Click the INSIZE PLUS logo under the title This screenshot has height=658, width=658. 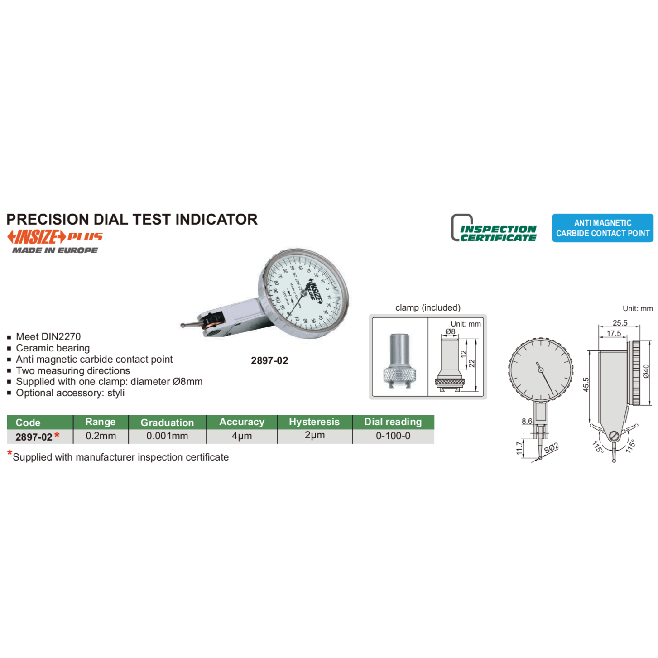54,237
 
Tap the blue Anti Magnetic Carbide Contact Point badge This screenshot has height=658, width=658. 602,228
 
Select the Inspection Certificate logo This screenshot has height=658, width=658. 494,228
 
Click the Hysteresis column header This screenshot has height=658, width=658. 314,422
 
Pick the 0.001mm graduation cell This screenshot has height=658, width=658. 167,436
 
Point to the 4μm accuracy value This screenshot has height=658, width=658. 241,436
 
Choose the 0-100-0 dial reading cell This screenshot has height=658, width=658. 393,436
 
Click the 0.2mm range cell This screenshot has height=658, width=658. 101,436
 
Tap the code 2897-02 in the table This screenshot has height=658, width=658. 34,437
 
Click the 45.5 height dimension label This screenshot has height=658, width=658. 586,384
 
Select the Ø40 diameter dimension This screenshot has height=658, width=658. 646,371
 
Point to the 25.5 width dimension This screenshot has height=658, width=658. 620,323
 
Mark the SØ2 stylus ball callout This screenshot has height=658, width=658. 551,448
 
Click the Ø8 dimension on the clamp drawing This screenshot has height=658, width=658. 450,331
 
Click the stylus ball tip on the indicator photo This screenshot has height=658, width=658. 183,325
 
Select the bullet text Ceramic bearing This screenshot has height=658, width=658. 53,348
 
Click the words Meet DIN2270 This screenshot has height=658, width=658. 48,336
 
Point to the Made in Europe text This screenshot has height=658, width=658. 55,250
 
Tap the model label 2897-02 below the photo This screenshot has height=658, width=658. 269,360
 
